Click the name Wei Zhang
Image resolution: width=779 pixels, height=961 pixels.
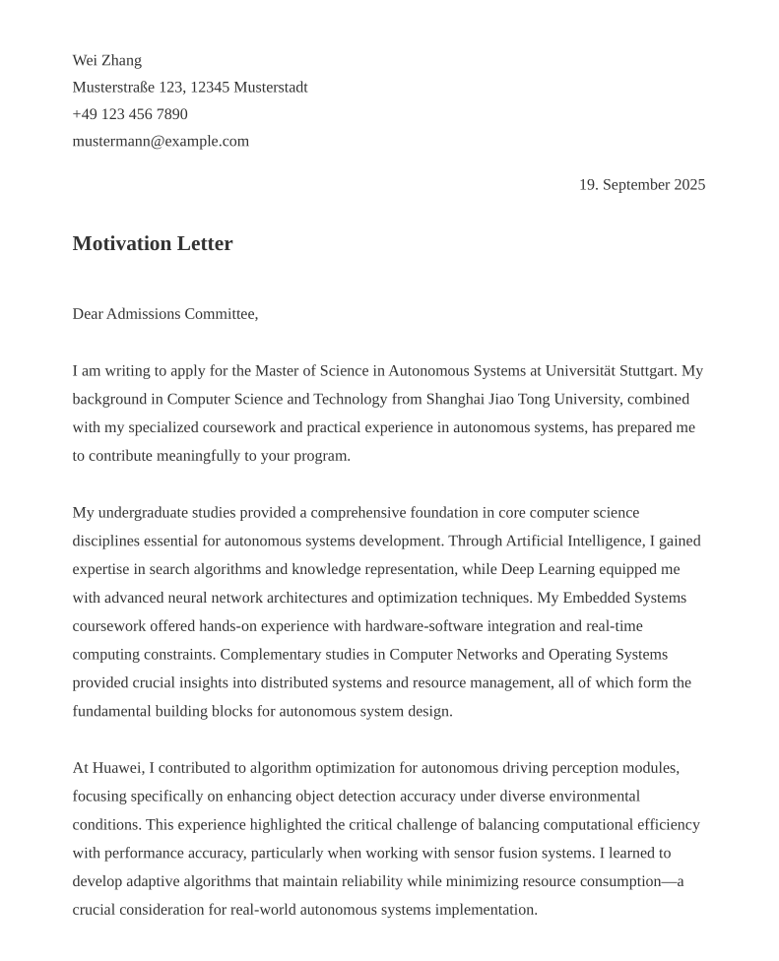pos(106,61)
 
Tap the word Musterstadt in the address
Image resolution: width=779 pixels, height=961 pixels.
pos(270,88)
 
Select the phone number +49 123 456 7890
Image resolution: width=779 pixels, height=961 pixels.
pos(130,114)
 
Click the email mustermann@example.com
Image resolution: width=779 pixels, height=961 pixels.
pos(161,141)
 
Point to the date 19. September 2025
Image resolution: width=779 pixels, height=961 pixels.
pos(641,185)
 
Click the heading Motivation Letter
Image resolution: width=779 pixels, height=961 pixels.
pos(153,243)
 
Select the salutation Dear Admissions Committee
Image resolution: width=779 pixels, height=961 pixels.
pos(164,314)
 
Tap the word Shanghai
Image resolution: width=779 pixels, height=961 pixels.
pos(456,400)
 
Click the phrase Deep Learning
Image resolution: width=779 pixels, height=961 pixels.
pos(549,569)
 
